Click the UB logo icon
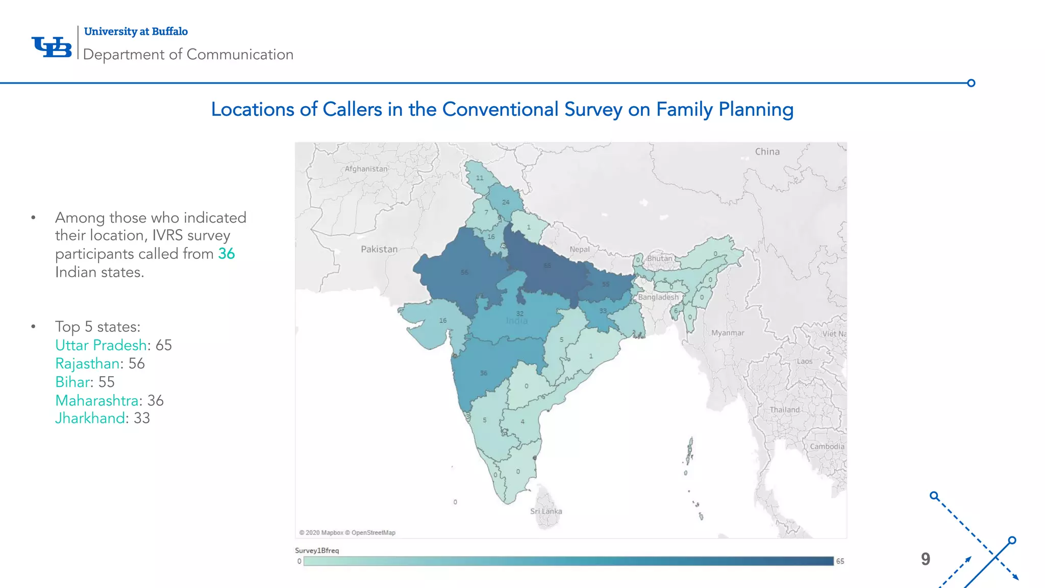(52, 47)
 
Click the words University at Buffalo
(136, 32)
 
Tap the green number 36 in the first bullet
(227, 254)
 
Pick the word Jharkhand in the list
(90, 419)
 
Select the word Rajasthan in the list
(88, 364)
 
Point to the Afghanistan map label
(366, 169)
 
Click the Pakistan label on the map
(379, 250)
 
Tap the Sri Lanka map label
(546, 511)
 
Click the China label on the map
(767, 152)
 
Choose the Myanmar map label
(728, 333)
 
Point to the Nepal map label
(580, 250)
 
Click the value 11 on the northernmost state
(480, 178)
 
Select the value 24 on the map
(506, 202)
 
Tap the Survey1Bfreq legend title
(317, 551)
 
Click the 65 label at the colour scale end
(840, 561)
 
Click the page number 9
(926, 559)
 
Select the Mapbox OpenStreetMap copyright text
(347, 533)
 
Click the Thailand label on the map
(785, 410)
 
